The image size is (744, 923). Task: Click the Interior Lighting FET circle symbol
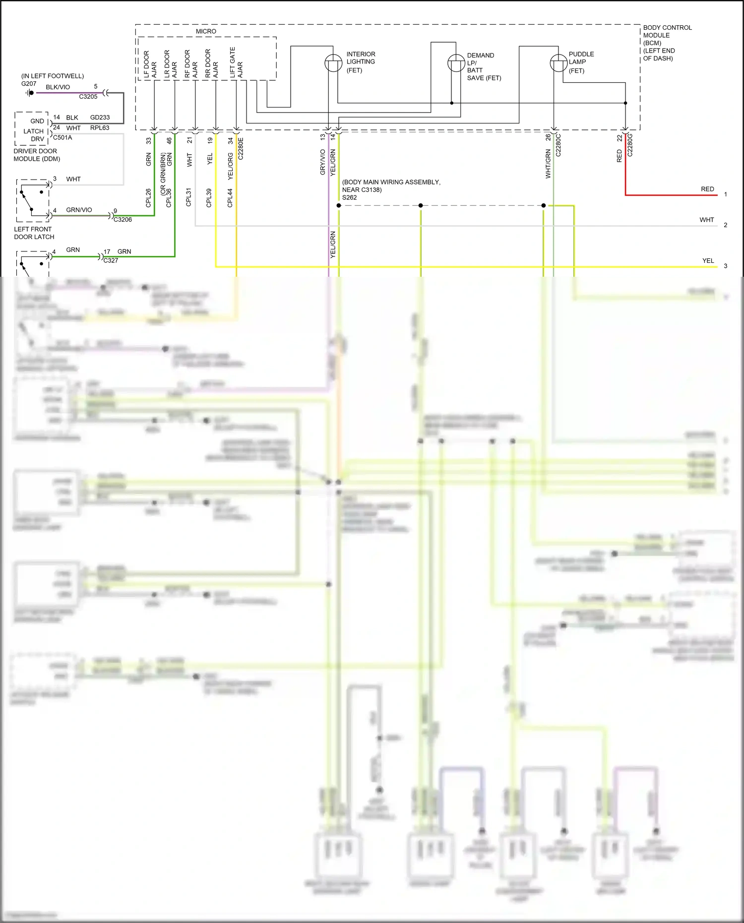tap(333, 63)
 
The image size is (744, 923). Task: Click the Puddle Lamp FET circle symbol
tap(558, 63)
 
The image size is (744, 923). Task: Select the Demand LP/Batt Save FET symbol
tap(456, 63)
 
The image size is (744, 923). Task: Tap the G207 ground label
tap(29, 84)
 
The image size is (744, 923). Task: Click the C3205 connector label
tap(88, 97)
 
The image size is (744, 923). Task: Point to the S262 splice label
tap(349, 197)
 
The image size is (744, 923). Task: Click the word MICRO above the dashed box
tap(206, 31)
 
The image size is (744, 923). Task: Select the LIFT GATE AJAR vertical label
tap(236, 62)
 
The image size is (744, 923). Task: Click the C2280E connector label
tap(241, 148)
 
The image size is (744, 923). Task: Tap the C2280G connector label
tap(630, 145)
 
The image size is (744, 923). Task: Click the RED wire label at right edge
tap(707, 189)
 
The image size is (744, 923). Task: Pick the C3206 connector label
tap(123, 220)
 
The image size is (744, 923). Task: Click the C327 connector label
tap(111, 260)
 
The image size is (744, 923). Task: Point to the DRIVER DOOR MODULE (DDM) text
tap(37, 155)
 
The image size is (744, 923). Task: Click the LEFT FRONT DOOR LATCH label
tap(34, 233)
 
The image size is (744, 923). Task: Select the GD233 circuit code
tap(100, 118)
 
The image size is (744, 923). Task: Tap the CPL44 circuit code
tap(230, 197)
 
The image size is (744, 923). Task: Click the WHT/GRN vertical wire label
tap(548, 163)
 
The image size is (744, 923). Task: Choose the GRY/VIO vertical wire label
tap(322, 162)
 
